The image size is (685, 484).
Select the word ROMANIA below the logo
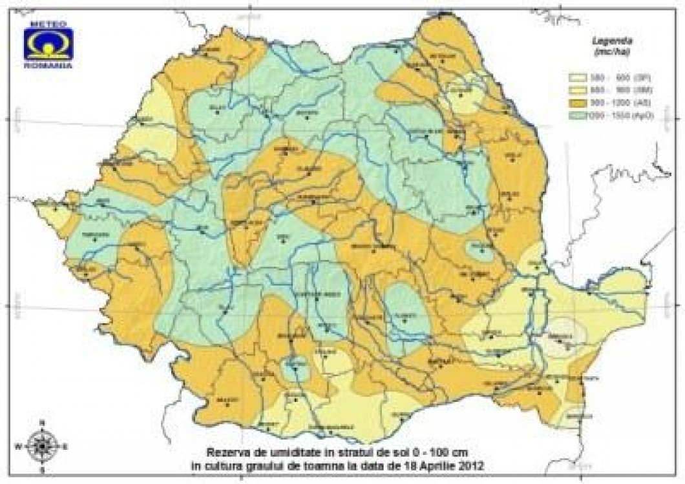(x=48, y=65)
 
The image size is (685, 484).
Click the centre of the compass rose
(x=42, y=445)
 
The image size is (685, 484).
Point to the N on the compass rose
(x=42, y=422)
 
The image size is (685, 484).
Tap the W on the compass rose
(x=19, y=445)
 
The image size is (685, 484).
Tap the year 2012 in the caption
(x=470, y=463)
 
